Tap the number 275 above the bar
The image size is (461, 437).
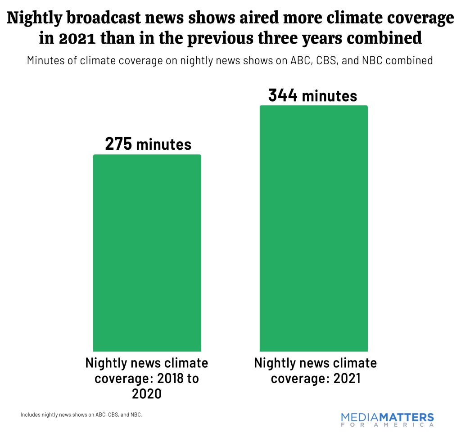(118, 144)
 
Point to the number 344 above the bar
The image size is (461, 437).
(283, 95)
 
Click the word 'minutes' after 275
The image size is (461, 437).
(163, 144)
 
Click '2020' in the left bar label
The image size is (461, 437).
(147, 394)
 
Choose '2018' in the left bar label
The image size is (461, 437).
(167, 379)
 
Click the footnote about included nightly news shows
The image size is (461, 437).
(81, 415)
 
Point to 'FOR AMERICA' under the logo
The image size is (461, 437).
(387, 425)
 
